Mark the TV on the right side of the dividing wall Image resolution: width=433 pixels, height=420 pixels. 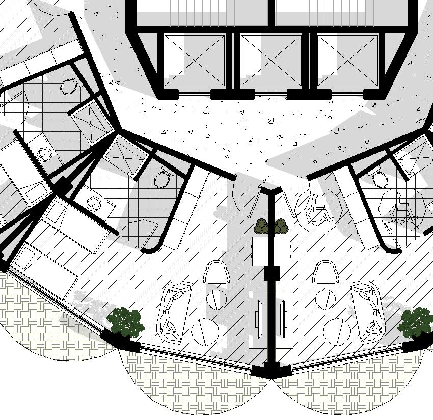tap(283, 317)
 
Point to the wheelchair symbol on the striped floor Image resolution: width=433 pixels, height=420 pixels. tap(320, 208)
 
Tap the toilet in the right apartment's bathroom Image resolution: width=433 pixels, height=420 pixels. tap(380, 179)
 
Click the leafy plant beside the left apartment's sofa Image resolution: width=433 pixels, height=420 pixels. tap(124, 322)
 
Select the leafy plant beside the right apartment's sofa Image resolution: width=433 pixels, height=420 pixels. tap(416, 322)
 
